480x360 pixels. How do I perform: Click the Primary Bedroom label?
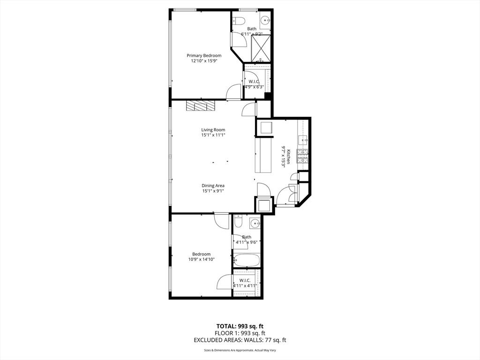click(x=204, y=55)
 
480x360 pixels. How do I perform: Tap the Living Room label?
click(x=213, y=130)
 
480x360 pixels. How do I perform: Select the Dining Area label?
click(x=213, y=186)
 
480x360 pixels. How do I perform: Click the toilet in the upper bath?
click(x=239, y=21)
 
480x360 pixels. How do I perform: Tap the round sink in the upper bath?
click(x=265, y=21)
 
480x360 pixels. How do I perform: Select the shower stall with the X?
click(x=261, y=48)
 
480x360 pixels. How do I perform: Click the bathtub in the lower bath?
click(x=247, y=261)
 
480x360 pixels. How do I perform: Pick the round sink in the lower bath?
click(x=255, y=224)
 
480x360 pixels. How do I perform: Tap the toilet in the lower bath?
click(x=239, y=222)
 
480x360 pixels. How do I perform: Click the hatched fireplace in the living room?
click(x=201, y=106)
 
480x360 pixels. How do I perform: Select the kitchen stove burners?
click(x=302, y=156)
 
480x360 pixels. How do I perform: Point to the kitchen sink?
click(x=304, y=140)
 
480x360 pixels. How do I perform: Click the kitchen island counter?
click(x=263, y=156)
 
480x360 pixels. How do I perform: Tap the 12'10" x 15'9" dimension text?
click(x=204, y=61)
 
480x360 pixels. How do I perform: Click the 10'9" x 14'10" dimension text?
click(x=202, y=259)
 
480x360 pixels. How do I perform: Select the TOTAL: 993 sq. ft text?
click(x=240, y=326)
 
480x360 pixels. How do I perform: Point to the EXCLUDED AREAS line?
click(x=240, y=340)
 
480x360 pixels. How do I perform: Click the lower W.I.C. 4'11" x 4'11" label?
click(x=245, y=283)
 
